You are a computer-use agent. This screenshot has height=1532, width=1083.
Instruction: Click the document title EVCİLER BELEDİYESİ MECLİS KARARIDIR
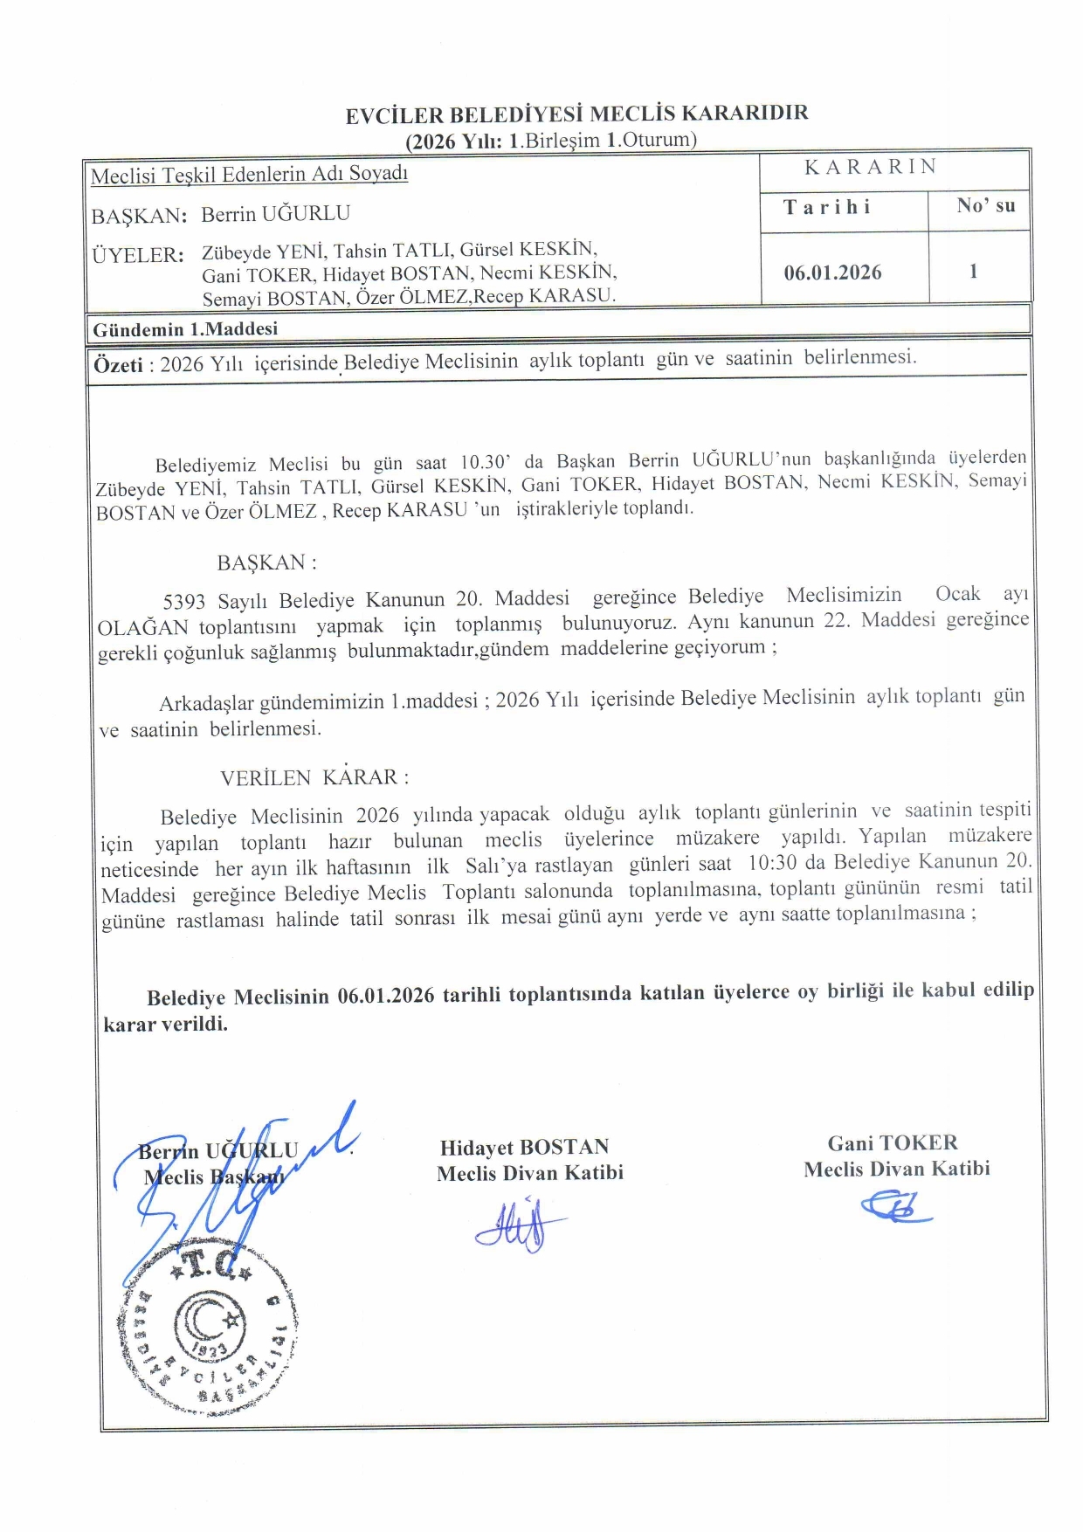tap(576, 114)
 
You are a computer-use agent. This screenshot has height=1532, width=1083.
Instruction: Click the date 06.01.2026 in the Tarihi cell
tap(832, 273)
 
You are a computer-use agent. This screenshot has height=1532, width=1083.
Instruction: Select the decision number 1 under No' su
tap(973, 271)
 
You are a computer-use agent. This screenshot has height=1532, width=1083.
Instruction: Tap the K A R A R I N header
tap(870, 167)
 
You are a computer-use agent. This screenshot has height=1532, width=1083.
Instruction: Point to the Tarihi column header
tap(827, 207)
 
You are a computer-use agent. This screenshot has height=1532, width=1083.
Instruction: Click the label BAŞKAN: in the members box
tap(139, 216)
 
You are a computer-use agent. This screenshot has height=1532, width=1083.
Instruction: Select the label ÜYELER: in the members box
tap(138, 255)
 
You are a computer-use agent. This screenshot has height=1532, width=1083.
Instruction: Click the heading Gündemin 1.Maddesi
tap(185, 329)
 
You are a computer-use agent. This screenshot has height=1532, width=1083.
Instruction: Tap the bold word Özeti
tap(118, 365)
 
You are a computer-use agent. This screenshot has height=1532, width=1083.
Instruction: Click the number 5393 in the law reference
tap(184, 601)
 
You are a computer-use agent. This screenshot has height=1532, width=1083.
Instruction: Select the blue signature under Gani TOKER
tap(893, 1208)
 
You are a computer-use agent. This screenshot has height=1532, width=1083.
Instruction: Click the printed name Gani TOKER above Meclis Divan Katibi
tap(893, 1142)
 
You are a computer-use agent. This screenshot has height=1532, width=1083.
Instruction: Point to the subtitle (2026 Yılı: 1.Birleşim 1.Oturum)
tap(550, 140)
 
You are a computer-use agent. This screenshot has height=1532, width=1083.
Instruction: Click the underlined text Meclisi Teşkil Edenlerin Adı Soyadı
tap(249, 174)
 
